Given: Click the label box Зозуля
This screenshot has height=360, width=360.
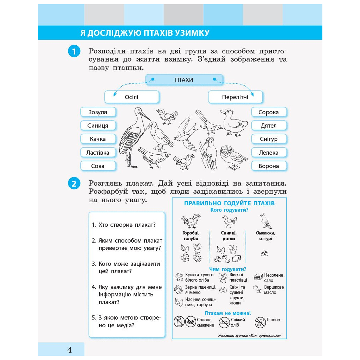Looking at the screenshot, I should click(x=98, y=112).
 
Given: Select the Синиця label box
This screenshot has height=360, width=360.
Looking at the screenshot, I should click(x=98, y=126).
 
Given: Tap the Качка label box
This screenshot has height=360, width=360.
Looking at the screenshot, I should click(x=98, y=139).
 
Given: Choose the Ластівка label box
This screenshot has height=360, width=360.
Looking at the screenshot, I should click(x=98, y=153).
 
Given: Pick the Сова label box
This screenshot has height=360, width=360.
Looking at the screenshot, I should click(x=98, y=166).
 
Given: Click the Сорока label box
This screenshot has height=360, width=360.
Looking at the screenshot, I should click(x=269, y=112).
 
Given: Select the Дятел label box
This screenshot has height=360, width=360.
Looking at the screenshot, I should click(x=269, y=126).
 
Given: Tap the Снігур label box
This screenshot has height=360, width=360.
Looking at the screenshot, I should click(x=269, y=139).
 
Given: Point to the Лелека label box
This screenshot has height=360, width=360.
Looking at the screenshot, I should click(x=269, y=153).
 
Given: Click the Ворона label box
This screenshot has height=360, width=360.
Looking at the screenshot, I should click(x=269, y=166).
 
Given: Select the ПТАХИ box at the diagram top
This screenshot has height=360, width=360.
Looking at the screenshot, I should click(x=184, y=80).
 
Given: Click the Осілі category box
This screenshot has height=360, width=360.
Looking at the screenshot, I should click(x=131, y=97).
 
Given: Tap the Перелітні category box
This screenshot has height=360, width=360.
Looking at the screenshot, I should click(x=235, y=97).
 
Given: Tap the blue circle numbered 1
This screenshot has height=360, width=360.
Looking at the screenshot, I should click(x=74, y=52).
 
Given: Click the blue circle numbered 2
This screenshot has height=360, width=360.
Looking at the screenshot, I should click(x=74, y=184).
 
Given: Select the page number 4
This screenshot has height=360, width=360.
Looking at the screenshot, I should click(x=69, y=350).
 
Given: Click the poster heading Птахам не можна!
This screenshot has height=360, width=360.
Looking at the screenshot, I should click(x=227, y=313).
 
